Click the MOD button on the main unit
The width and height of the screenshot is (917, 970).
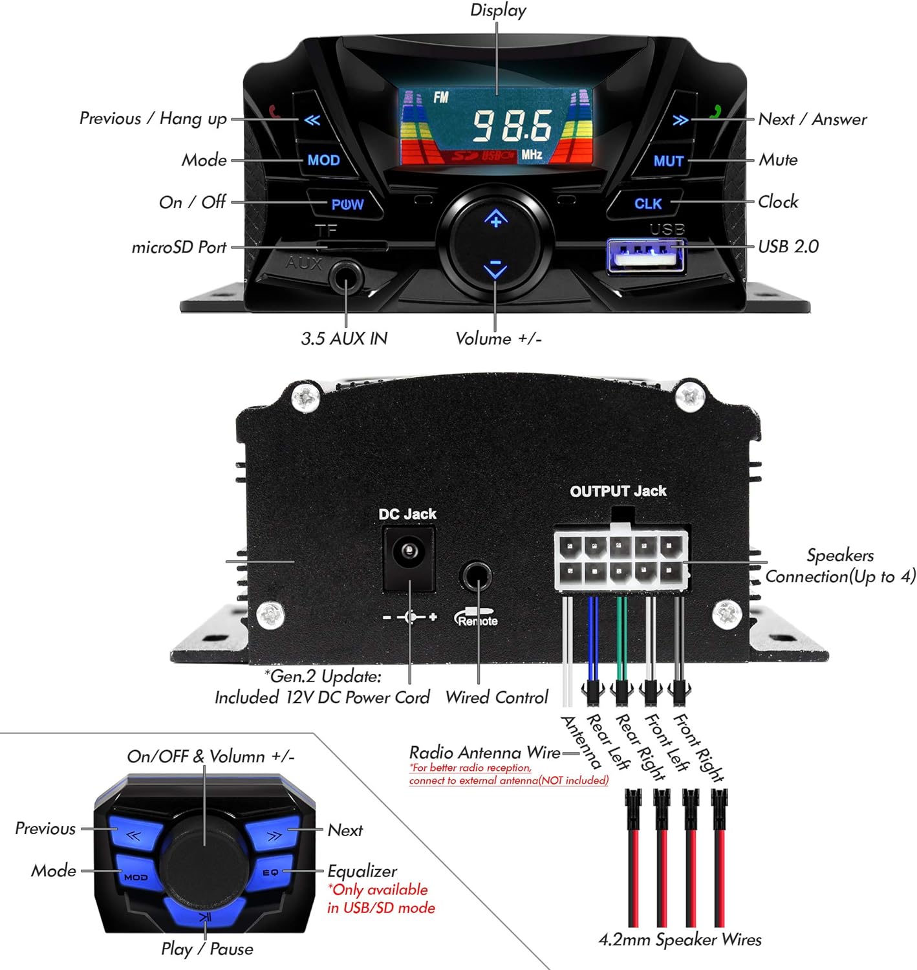(323, 160)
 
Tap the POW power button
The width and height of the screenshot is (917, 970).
(347, 204)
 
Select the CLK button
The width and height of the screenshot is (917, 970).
(647, 204)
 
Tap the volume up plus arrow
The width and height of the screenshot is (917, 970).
(495, 220)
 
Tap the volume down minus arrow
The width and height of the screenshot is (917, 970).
(495, 267)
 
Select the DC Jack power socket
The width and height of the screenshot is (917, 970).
(408, 557)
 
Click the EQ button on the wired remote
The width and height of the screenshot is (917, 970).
(270, 872)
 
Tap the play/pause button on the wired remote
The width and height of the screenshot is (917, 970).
(205, 915)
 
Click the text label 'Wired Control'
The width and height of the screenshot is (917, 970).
(497, 697)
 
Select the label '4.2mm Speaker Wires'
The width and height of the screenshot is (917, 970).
(680, 940)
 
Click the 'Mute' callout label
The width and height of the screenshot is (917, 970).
(778, 160)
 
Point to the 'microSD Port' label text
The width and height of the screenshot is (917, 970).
(179, 247)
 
